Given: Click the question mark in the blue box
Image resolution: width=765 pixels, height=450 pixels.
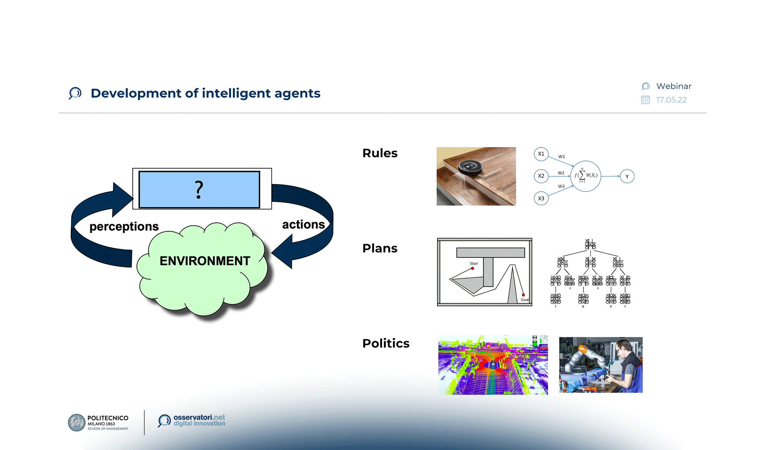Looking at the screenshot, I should click(199, 189).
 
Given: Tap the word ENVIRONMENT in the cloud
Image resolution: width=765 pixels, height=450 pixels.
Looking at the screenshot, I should click(205, 261).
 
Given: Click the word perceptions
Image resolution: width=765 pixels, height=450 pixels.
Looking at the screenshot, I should click(124, 226).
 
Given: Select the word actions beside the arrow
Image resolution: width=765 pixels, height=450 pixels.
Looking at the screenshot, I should click(303, 224).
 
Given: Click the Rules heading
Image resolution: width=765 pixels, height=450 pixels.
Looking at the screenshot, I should click(379, 153).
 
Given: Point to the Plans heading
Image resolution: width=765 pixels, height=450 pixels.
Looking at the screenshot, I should click(379, 248).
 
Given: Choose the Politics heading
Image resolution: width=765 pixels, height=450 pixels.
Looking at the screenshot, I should click(385, 343).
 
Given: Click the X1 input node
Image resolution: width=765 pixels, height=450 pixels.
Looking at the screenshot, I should click(541, 154).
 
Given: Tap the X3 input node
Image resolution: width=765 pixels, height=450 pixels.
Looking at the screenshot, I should click(541, 198).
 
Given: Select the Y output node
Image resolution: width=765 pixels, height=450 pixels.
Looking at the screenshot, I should click(627, 176).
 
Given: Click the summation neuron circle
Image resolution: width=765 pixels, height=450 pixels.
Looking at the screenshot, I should click(585, 176).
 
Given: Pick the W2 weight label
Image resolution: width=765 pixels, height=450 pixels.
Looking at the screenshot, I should click(561, 173).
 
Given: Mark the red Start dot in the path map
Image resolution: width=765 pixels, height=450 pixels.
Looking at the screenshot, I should click(472, 268).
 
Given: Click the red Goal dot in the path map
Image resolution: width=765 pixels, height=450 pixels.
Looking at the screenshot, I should click(523, 295).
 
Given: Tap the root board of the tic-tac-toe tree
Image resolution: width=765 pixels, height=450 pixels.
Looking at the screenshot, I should click(590, 244).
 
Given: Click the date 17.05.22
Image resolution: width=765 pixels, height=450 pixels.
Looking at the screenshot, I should click(671, 100).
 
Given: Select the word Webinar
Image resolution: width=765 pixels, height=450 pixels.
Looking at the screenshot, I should click(673, 86).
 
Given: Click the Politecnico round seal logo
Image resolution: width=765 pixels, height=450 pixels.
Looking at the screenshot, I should click(76, 423).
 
